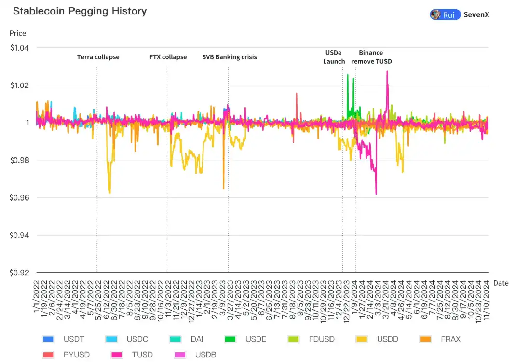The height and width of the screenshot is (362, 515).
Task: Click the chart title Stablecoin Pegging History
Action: pyautogui.click(x=80, y=11)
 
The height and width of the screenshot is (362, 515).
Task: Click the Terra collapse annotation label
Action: pyautogui.click(x=98, y=57)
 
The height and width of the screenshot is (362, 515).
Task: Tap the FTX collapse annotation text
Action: pyautogui.click(x=168, y=57)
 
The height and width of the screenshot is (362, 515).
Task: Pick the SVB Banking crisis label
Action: pyautogui.click(x=229, y=57)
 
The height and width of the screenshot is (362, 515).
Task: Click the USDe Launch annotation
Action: pyautogui.click(x=334, y=57)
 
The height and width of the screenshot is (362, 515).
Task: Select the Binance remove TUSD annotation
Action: pyautogui.click(x=372, y=57)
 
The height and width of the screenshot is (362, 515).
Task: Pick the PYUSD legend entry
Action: pyautogui.click(x=77, y=355)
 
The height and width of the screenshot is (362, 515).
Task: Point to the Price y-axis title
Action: pyautogui.click(x=18, y=33)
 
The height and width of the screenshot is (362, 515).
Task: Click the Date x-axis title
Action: pyautogui.click(x=501, y=283)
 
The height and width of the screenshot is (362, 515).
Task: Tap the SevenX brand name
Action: pyautogui.click(x=476, y=14)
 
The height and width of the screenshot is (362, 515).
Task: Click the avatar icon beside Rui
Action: pyautogui.click(x=436, y=14)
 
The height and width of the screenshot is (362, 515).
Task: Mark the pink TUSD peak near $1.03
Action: pyautogui.click(x=387, y=72)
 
